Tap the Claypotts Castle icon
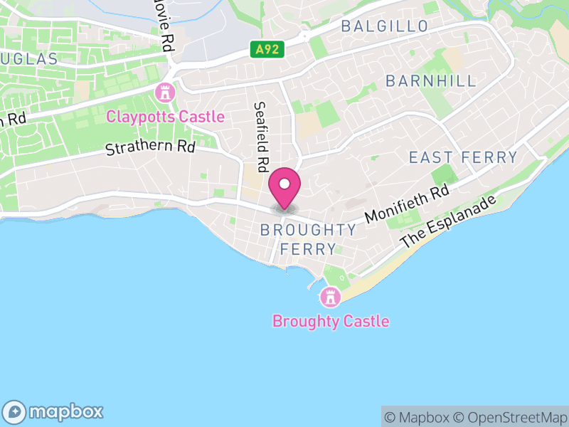pos(165,92)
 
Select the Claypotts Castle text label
pos(165,117)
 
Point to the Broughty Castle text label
pos(331,321)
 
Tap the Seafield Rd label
pos(261,136)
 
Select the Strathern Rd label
pos(150,147)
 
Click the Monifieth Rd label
pos(408,203)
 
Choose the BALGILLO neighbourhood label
pos(384,27)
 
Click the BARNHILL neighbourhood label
pos(431,81)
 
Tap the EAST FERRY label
pos(463,157)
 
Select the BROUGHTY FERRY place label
pos(308,239)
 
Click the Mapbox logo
pos(55,411)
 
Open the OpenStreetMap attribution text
pos(511,417)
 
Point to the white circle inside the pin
pos(284,184)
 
